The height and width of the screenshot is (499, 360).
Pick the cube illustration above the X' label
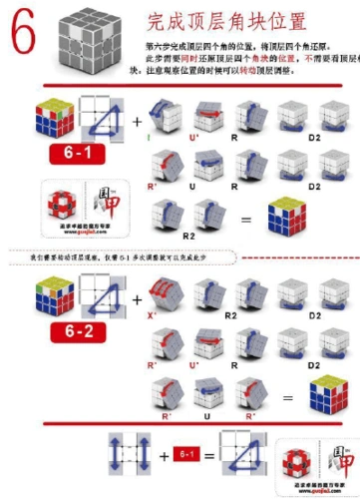click(x=164, y=289)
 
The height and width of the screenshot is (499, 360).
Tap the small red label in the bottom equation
click(x=184, y=454)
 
